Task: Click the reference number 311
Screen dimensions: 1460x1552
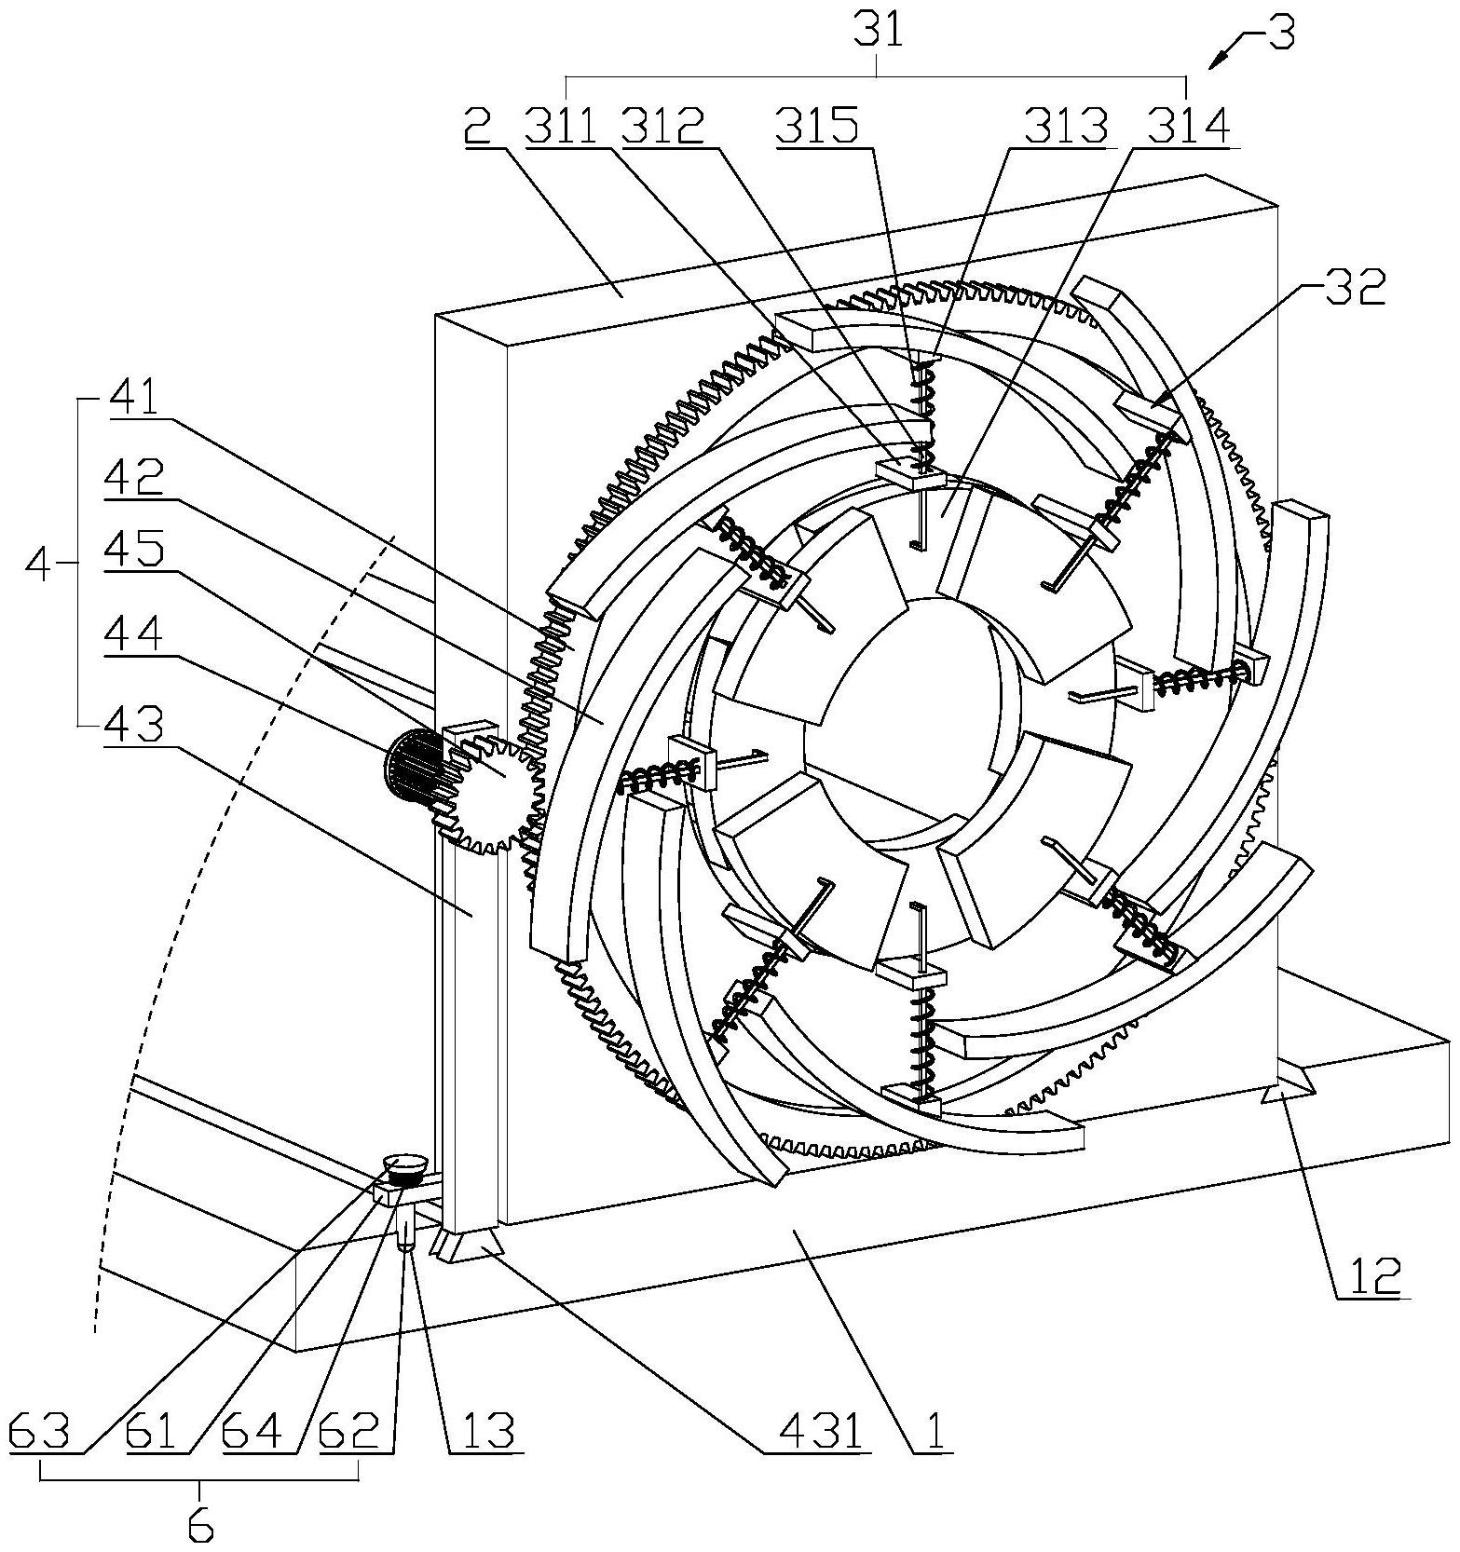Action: point(561,126)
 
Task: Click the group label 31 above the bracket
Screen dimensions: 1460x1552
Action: point(878,33)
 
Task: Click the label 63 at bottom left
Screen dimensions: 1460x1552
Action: point(40,1431)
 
